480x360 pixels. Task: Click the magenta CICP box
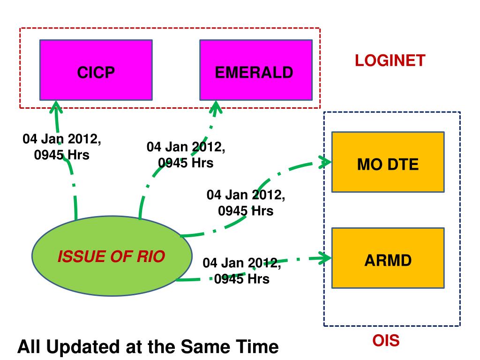pos(96,70)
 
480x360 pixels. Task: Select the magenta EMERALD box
pos(255,70)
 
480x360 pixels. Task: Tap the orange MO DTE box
pos(388,162)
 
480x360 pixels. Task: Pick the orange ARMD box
pos(388,258)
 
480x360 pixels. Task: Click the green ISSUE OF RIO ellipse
pos(111,257)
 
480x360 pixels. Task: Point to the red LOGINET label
pos(390,60)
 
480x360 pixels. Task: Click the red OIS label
pos(386,341)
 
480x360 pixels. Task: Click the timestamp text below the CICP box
pos(62,147)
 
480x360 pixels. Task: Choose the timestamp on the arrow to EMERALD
pos(186,155)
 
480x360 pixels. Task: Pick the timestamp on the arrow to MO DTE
pos(246,202)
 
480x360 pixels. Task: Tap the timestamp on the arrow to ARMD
pos(242,270)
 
